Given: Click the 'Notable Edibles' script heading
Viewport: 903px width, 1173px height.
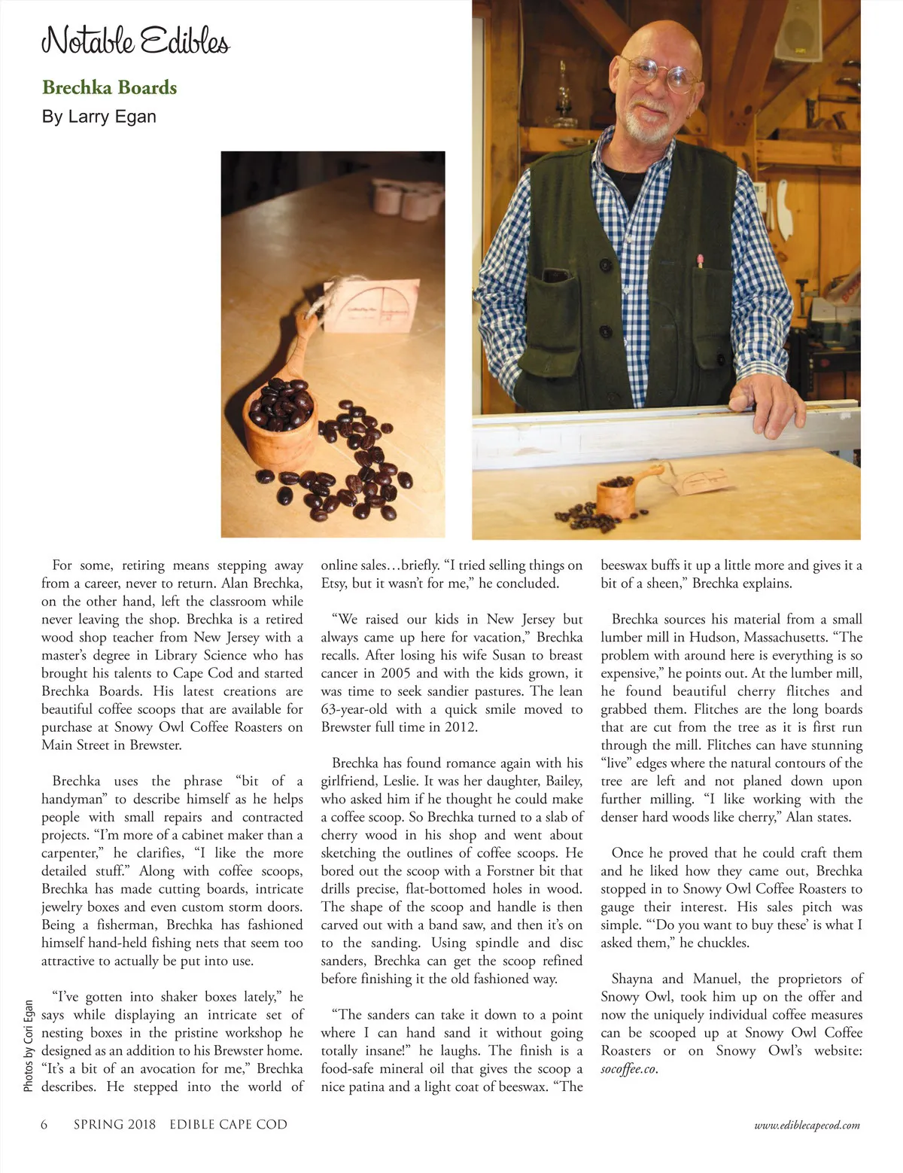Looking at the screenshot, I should coord(135,39).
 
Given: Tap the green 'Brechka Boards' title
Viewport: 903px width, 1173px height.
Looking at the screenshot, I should coord(110,87).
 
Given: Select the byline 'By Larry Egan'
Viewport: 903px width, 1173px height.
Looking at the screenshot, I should coord(99,117).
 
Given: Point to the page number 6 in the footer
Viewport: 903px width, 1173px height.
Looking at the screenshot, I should coord(44,1125).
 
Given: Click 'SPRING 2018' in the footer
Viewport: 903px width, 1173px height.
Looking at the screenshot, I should coord(114,1125).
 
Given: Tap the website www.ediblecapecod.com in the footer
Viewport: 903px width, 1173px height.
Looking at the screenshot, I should coord(807,1126).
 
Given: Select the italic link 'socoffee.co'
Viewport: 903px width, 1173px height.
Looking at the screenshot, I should coord(628,1069).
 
